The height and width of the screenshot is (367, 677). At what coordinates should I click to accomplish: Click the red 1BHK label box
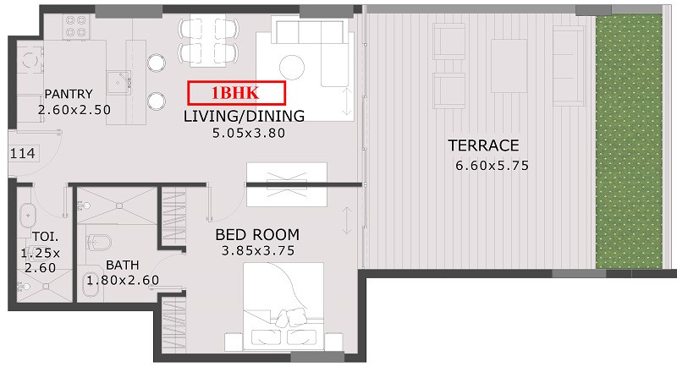point(237,93)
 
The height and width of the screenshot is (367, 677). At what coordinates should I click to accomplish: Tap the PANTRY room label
point(69,94)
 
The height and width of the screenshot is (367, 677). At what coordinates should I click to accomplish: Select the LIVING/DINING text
point(244,116)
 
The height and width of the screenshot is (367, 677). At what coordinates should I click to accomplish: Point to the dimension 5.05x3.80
point(248,133)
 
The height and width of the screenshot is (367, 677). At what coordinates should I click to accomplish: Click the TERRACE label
point(483,145)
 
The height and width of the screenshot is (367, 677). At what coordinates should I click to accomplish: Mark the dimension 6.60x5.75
point(493,166)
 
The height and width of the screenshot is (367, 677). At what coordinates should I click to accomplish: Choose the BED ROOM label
point(257,234)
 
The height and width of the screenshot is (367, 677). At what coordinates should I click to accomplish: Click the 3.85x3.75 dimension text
point(258,250)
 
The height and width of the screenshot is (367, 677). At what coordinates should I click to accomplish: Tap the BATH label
point(123,265)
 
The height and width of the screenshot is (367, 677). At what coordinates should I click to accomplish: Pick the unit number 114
point(23,153)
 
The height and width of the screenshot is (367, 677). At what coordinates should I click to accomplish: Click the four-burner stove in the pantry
point(76,26)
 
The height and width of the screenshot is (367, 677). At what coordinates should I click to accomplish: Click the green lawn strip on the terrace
point(629,141)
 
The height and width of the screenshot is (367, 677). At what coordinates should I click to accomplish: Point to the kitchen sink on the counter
point(119,82)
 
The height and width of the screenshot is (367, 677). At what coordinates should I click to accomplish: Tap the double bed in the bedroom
point(283,307)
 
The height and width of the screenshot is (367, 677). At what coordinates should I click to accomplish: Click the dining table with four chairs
point(208,40)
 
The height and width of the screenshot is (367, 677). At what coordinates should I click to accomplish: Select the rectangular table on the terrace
point(509,66)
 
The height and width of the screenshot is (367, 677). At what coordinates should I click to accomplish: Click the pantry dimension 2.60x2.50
point(74,110)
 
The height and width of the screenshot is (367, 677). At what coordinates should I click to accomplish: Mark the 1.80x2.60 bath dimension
point(123,281)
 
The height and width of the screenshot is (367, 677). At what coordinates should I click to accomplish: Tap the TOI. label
point(46,237)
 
